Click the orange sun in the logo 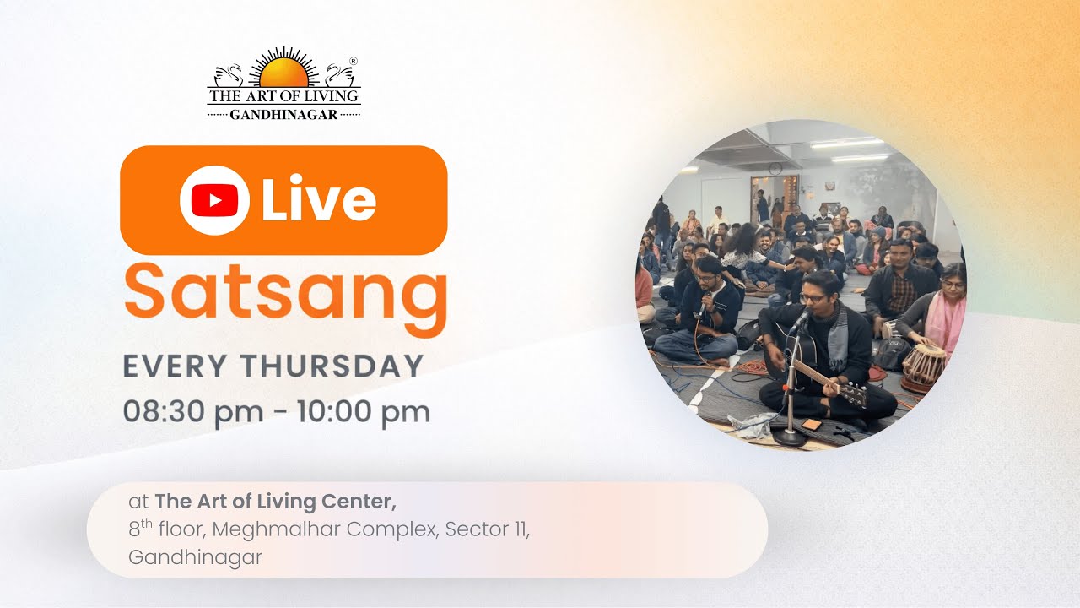click(x=284, y=73)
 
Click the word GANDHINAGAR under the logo click(x=283, y=114)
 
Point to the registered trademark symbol click(x=354, y=62)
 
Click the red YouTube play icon click(x=214, y=200)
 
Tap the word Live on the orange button click(x=318, y=200)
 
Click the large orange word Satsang click(x=285, y=290)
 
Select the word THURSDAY click(x=332, y=366)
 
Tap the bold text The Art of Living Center click(x=275, y=502)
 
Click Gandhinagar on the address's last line click(x=195, y=557)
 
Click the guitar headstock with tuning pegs click(x=852, y=394)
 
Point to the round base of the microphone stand click(x=791, y=437)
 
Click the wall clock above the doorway click(x=775, y=168)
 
